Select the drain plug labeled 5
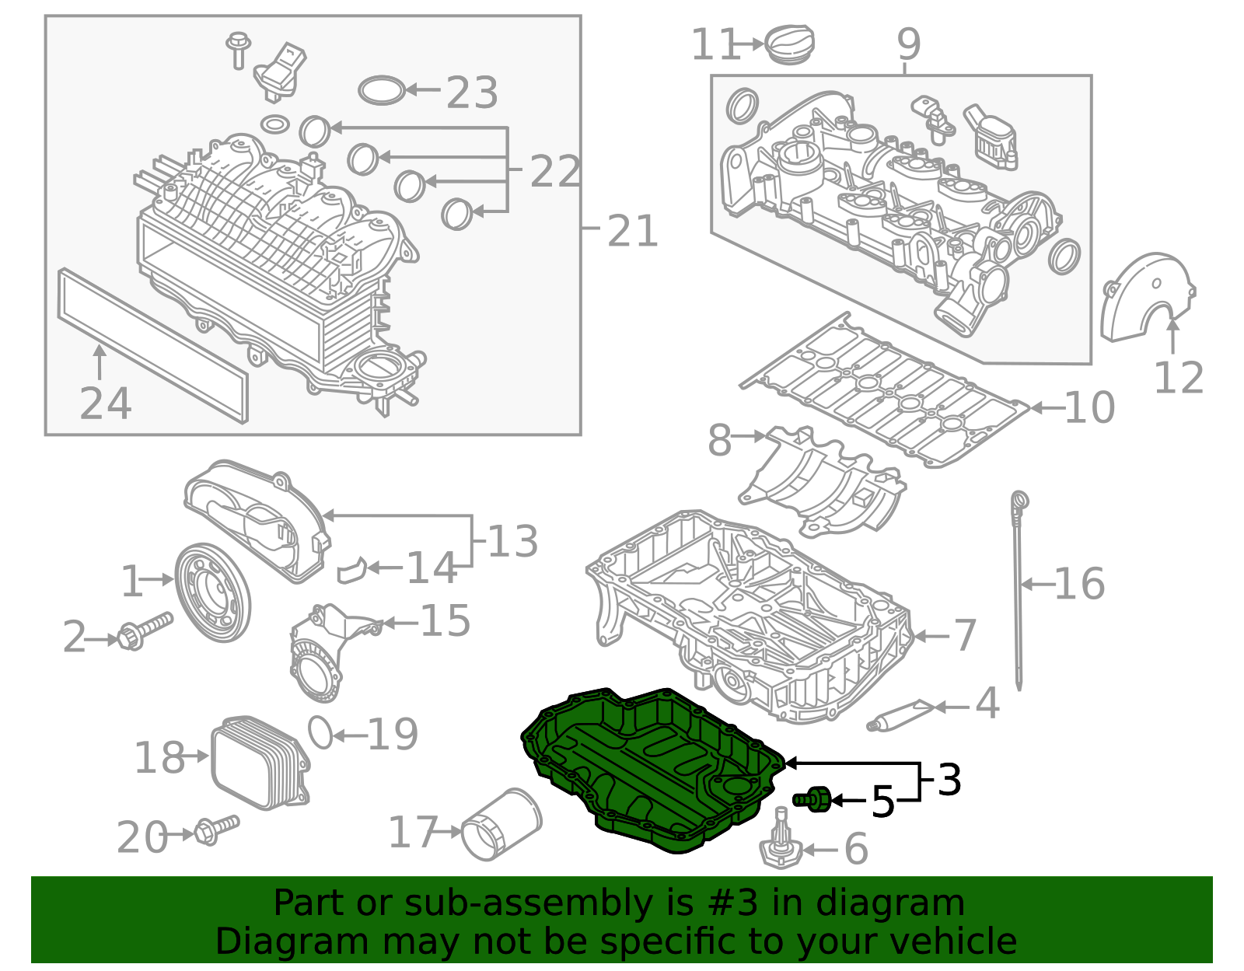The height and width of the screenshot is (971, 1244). point(812,798)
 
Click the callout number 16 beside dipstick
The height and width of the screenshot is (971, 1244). point(1079,584)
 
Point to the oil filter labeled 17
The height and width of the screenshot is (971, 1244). point(501,826)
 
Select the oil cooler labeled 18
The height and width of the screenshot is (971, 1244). point(259,763)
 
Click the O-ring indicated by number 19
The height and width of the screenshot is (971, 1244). point(320,732)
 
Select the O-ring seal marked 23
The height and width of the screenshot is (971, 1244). point(382,90)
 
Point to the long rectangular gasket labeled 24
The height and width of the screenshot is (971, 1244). point(152,345)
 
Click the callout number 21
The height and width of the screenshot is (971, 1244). point(632,231)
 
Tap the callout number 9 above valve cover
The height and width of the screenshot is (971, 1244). point(908,44)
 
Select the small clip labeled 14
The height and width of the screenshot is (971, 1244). point(351,571)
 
